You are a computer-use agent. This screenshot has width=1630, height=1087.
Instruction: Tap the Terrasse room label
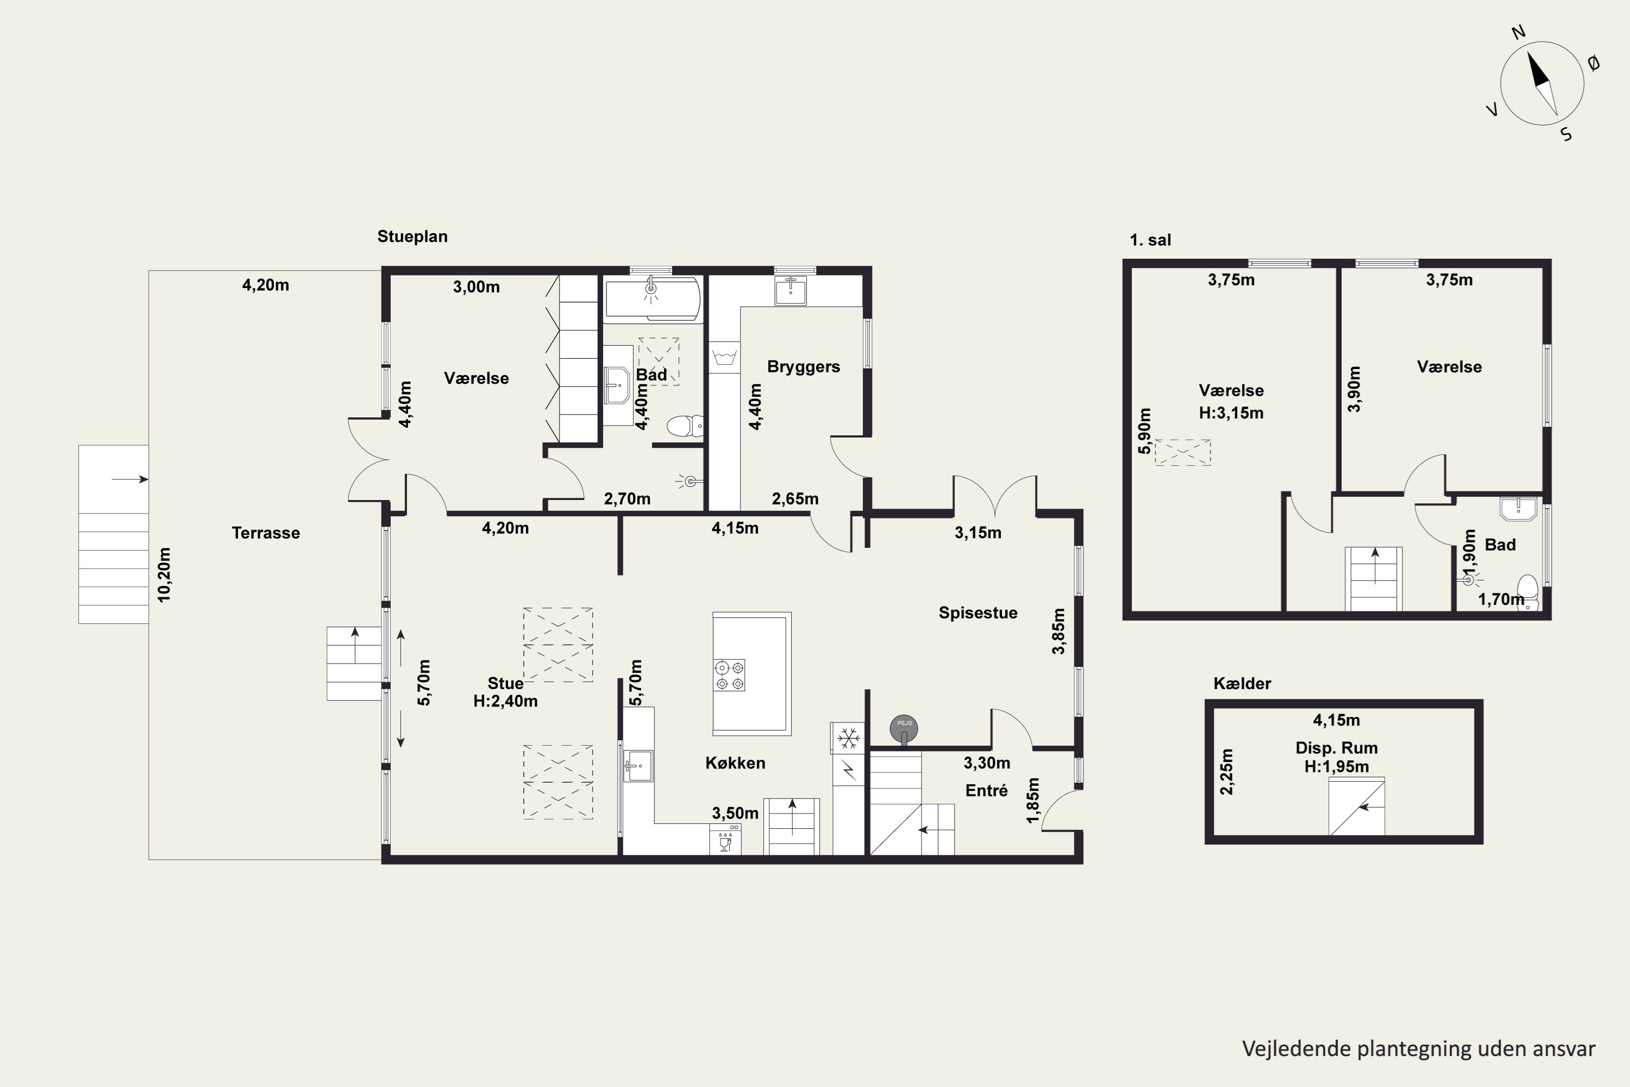(266, 533)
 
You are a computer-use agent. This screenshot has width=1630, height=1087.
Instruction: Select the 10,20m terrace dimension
(164, 574)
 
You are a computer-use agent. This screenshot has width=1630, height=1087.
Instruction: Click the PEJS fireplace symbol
(904, 730)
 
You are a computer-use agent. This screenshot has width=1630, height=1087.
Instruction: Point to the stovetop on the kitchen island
(729, 675)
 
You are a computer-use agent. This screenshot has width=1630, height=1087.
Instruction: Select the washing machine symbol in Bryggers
(725, 358)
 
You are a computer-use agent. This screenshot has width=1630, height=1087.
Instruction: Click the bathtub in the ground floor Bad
(652, 299)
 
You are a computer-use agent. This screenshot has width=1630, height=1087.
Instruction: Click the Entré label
(986, 790)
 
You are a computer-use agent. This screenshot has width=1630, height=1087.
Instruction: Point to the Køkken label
(735, 763)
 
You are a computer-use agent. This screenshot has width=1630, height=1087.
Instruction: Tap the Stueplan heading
(412, 236)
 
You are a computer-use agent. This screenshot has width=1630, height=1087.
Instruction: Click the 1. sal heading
(1150, 240)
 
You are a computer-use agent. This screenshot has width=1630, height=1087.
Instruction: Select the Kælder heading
(1242, 684)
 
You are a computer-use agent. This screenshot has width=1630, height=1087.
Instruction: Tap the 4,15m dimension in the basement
(1336, 720)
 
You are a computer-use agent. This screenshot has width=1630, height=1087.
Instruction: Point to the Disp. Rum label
(1336, 748)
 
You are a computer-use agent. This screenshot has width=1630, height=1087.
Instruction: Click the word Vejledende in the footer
(1296, 1049)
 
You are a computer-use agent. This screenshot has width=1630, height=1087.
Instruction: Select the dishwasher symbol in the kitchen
(725, 839)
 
